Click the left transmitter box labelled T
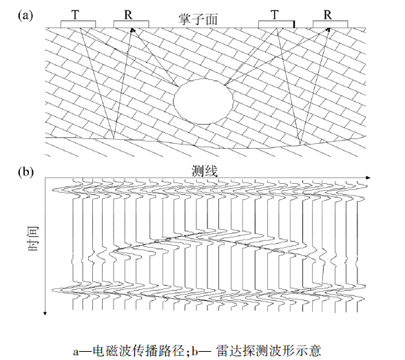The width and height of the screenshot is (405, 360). tap(79, 24)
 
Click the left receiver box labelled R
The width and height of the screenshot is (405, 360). tap(131, 24)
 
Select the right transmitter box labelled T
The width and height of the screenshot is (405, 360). tap(276, 24)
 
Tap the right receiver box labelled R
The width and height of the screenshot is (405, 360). tap(331, 24)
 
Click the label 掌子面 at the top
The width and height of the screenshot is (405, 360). tap(198, 19)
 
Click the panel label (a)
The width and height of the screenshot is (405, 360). tap(25, 15)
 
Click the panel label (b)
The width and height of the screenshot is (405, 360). tap(25, 171)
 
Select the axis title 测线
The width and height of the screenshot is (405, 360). tap(205, 171)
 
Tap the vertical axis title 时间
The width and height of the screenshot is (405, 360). tap(33, 238)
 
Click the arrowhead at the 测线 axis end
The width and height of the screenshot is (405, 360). tap(368, 178)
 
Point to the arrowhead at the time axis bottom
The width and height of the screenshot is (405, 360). tap(45, 313)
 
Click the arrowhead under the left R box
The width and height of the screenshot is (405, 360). tap(132, 30)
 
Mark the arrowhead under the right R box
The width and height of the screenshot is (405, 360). tap(329, 30)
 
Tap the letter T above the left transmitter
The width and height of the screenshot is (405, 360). tap(75, 14)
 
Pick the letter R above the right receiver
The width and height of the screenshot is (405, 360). tap(328, 14)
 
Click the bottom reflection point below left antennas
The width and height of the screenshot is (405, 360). tap(114, 138)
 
